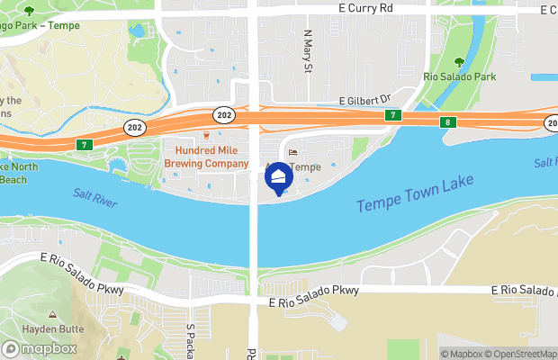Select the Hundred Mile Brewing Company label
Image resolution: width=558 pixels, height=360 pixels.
(x=205, y=158)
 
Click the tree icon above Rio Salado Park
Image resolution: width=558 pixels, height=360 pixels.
(x=460, y=62)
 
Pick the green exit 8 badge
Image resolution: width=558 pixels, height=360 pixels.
(x=447, y=121)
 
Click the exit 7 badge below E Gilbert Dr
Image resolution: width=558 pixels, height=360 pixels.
(x=392, y=116)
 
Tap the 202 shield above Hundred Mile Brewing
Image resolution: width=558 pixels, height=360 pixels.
(x=224, y=114)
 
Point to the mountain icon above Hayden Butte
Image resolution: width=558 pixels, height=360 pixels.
(x=52, y=316)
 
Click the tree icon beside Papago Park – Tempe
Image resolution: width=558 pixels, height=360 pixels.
(x=29, y=11)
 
